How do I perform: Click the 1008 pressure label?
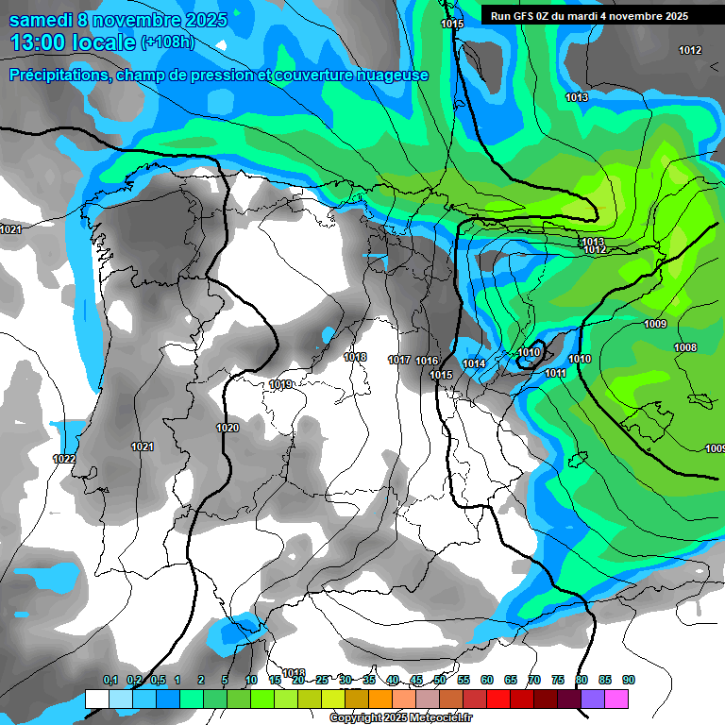coord(685,348)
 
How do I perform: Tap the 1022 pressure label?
coord(64,459)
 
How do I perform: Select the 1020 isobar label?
coord(228,428)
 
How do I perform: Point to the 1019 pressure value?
coord(280,384)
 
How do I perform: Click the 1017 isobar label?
coord(398,360)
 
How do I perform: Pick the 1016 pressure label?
coord(427,361)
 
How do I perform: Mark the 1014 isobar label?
coord(474,363)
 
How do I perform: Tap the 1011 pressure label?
coord(555,373)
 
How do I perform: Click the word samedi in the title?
coord(42,20)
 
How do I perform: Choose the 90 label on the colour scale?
coord(629,680)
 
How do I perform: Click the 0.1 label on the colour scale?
coord(110,680)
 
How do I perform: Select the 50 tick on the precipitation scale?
coord(440,680)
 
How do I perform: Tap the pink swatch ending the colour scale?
coord(616,699)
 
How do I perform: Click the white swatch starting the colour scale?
coord(96,699)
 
